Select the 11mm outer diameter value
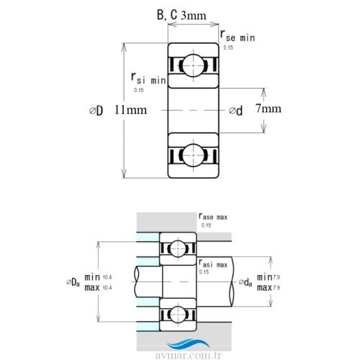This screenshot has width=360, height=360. click(x=130, y=109)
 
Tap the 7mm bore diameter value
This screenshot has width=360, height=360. click(x=268, y=109)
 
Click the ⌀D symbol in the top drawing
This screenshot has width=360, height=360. click(x=97, y=110)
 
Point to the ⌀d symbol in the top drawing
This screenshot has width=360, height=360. click(x=235, y=110)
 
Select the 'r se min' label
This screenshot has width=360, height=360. click(x=237, y=36)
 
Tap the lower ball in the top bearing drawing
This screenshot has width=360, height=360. click(x=194, y=155)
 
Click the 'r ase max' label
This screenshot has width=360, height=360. click(x=215, y=215)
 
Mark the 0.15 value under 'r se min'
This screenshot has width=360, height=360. click(x=228, y=48)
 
